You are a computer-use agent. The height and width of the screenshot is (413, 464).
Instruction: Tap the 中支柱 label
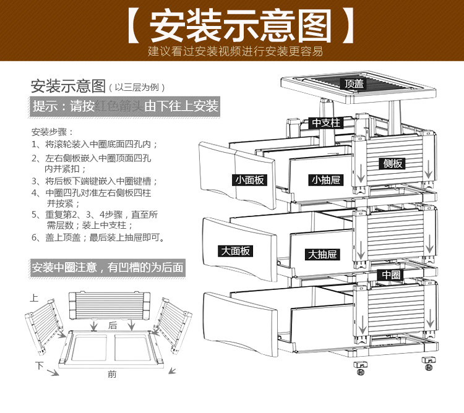pos(326,122)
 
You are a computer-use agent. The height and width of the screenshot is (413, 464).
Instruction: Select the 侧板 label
pos(393,163)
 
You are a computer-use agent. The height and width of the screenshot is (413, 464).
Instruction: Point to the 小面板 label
pos(249,180)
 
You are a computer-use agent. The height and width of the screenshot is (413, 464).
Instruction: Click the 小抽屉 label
pos(325,180)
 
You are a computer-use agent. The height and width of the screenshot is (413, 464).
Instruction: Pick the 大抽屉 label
pos(322,254)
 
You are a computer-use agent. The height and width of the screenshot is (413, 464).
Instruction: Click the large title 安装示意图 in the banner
pos(232,25)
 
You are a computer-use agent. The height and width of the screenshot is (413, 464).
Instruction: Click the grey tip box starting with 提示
pos(126,106)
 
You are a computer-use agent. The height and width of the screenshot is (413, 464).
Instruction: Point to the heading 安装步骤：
pos(53,132)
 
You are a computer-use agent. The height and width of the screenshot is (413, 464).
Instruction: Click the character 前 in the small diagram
pos(112,373)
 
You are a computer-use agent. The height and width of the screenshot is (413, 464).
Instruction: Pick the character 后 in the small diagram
pos(113,325)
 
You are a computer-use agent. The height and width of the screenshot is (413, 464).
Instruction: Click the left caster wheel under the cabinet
pos(358,368)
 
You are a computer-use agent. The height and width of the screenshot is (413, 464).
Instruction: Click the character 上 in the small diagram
pos(35,298)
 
